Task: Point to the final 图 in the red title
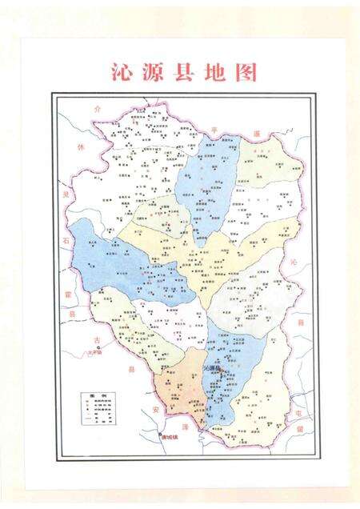pos(246,74)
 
